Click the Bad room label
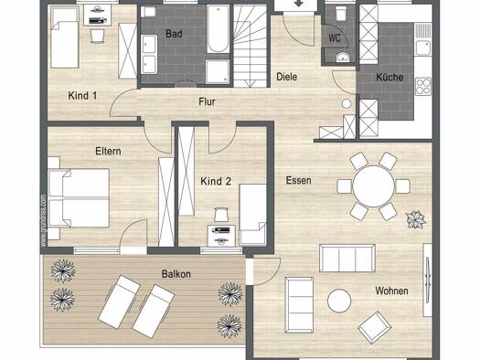tap(174, 33)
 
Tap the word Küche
tap(389, 77)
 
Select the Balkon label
tap(176, 274)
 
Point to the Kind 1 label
tap(82, 95)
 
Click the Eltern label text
tap(108, 151)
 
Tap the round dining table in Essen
tap(373, 186)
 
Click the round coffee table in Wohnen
tap(339, 301)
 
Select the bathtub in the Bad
tap(218, 28)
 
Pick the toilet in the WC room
tap(341, 14)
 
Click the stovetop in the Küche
tap(423, 86)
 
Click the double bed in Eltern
tap(79, 198)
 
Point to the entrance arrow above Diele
tap(299, 4)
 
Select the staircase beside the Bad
tap(251, 46)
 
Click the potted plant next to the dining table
tap(416, 219)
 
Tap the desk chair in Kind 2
tap(221, 215)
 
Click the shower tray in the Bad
tap(218, 71)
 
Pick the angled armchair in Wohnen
tap(374, 328)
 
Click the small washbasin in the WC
tap(343, 57)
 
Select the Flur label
tap(207, 101)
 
